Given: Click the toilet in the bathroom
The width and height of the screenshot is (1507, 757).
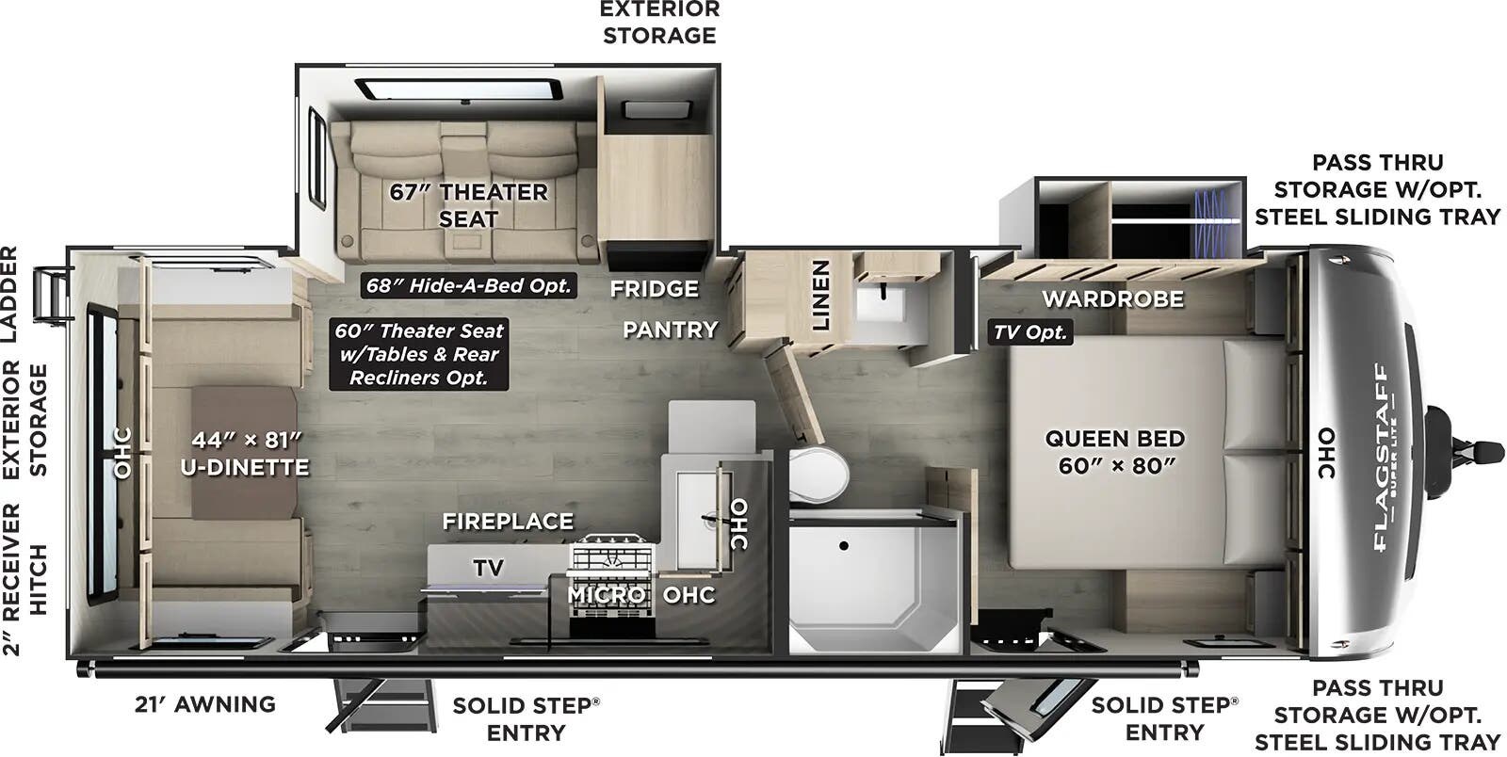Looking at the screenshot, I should coord(818,474).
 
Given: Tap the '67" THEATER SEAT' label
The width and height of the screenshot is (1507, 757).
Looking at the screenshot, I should coord(468,205).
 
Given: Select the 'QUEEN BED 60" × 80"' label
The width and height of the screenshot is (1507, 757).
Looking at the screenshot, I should coord(1114,451).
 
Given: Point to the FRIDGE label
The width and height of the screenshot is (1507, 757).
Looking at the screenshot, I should coord(654,288).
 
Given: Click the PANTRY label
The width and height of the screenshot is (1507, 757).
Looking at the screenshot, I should coord(670,330).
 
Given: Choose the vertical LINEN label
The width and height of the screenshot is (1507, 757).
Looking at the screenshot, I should coord(821,295).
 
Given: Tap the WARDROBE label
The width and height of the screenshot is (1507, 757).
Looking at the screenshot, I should coord(1112,299).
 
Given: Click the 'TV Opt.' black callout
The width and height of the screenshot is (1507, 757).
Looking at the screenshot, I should coord(1030,332).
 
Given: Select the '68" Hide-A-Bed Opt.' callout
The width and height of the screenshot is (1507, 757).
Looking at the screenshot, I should coord(468,285).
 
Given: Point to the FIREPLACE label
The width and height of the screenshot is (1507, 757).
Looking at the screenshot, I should coord(508,521).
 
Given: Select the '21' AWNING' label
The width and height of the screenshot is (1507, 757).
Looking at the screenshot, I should coord(205,703).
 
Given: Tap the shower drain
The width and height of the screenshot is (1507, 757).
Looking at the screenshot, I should coord(844,545).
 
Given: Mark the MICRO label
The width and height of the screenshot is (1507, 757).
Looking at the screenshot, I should coord(606,595).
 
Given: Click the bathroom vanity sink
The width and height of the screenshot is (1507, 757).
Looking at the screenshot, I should coord(882,303).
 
